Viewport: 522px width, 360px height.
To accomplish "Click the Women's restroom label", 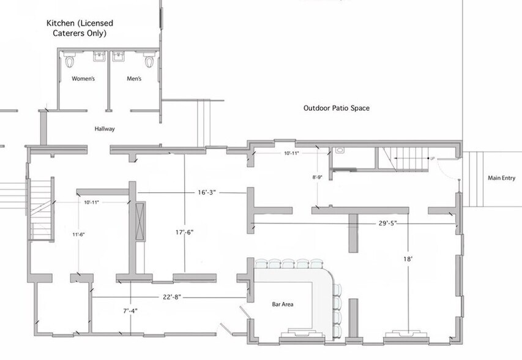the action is tap(83, 78).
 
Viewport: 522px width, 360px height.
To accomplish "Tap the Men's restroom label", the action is tap(134, 78).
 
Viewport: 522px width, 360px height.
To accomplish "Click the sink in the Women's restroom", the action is tap(99, 56).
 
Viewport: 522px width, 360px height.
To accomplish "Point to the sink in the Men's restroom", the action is tap(119, 56).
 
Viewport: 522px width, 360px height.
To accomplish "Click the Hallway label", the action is tap(105, 129).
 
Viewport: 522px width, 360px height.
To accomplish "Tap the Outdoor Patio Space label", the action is tap(337, 108).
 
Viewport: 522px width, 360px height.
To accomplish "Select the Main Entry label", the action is tap(502, 178).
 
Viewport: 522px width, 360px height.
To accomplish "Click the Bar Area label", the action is tap(283, 304).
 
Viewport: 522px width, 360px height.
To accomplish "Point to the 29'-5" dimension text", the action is tap(388, 223).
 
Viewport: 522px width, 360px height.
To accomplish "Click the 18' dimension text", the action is tap(408, 259).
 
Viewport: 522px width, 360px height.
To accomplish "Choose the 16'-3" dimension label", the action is tap(207, 192).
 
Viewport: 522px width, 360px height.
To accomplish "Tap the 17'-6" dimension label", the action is tap(185, 232).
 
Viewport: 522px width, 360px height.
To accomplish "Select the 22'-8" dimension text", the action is tap(172, 297).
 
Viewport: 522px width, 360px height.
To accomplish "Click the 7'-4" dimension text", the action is tap(130, 311).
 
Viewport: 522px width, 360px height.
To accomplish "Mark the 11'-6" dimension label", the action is tap(78, 234).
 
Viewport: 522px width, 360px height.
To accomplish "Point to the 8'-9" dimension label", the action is tap(317, 178).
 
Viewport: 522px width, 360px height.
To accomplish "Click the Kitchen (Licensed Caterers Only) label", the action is tap(80, 28).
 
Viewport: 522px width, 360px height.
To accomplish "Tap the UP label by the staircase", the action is tap(433, 159).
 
